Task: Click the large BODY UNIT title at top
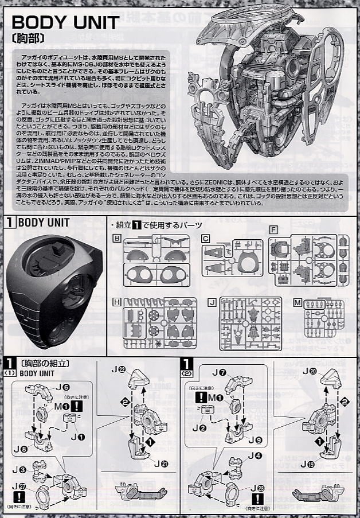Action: pyautogui.click(x=66, y=22)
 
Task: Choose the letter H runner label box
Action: pyautogui.click(x=118, y=301)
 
